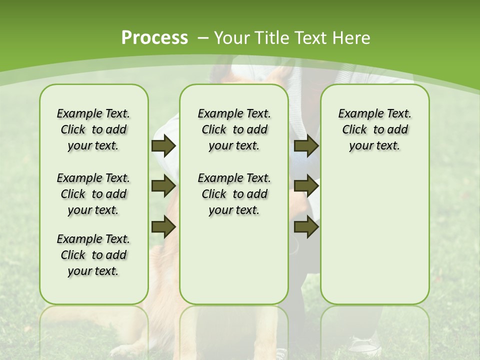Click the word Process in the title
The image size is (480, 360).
(154, 37)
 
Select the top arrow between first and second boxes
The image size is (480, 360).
(163, 145)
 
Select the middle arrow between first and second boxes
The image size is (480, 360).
(163, 186)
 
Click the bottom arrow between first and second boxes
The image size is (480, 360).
(163, 227)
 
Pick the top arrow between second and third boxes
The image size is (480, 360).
(306, 145)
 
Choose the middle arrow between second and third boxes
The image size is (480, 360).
(306, 186)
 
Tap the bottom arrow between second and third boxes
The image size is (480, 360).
(306, 227)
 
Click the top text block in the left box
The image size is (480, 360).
(93, 129)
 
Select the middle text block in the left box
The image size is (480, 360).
(93, 194)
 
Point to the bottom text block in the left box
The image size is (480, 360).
(93, 255)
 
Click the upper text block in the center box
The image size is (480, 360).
(234, 129)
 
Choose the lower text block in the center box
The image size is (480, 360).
(234, 194)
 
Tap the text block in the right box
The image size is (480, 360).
(374, 129)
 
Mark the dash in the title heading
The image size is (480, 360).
(203, 37)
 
